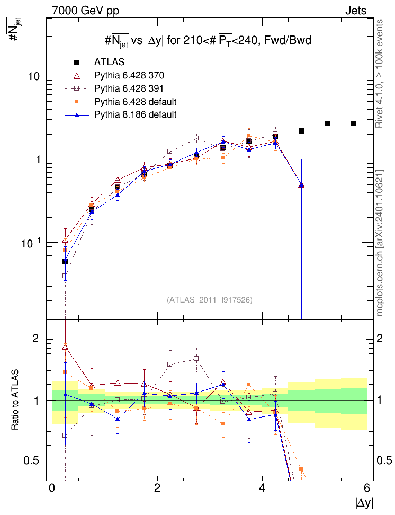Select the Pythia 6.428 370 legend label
point(130,75)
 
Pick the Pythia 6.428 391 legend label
point(130,88)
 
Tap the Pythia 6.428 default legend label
point(135,101)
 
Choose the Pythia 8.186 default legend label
point(135,114)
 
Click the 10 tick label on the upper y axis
point(34,76)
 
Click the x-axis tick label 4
point(262,488)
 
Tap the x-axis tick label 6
point(367,488)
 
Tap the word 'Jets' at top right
point(356,10)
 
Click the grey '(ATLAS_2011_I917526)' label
point(210,300)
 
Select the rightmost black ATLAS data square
point(354,123)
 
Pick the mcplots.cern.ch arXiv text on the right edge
point(380,244)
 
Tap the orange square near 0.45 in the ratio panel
point(301,469)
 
